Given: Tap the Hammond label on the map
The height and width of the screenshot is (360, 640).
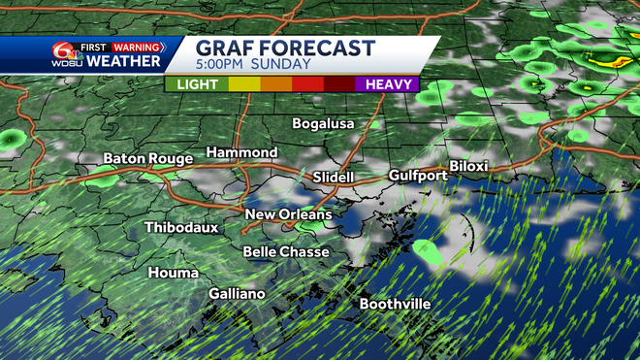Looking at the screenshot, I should coord(241,153).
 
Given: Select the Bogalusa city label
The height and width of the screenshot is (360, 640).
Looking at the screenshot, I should coord(324,124).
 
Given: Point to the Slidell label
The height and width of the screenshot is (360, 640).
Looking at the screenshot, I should coord(334,178).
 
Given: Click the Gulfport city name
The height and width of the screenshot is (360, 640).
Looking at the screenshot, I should coord(418,176).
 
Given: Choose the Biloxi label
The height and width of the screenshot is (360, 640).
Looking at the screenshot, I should coord(467,166).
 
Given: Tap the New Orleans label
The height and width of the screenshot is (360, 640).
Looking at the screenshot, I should coord(288,214).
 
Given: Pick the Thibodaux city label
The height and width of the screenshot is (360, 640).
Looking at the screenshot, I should coord(181,227).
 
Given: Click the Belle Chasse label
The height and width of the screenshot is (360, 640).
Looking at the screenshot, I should coord(286,252).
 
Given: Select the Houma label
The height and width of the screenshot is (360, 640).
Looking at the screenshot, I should coord(173,273).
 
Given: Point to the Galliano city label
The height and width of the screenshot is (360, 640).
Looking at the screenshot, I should coord(238,294).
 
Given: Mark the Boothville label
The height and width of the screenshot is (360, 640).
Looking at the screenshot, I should coord(395,304).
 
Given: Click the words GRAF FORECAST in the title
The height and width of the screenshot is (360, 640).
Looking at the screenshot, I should coord(285,48).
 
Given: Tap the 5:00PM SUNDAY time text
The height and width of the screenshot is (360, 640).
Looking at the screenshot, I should coord(254,65).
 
